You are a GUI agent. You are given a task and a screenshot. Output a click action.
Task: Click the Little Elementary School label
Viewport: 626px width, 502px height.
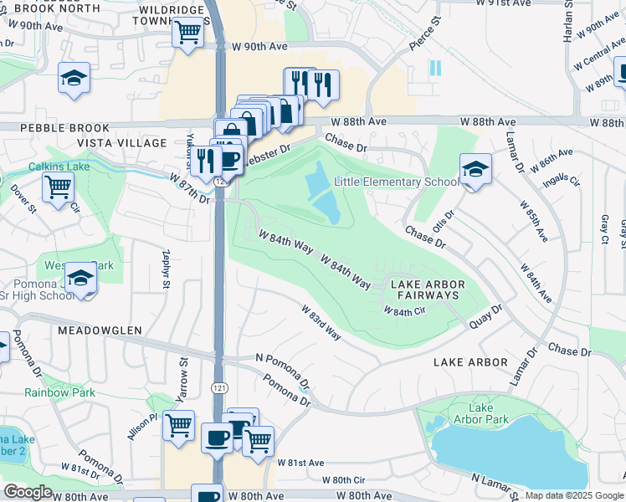pyautogui.click(x=397, y=182)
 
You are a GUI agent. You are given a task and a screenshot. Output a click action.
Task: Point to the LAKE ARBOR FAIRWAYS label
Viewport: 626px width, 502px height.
pyautogui.click(x=426, y=290)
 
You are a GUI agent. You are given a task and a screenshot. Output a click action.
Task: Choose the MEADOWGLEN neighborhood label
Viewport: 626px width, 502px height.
pyautogui.click(x=100, y=330)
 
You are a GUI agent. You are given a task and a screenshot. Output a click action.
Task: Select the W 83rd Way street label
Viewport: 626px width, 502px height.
pyautogui.click(x=321, y=322)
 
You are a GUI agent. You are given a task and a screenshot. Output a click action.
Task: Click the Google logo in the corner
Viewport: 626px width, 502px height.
pyautogui.click(x=28, y=492)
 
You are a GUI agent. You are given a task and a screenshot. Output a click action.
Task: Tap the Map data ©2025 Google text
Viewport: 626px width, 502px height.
pyautogui.click(x=574, y=495)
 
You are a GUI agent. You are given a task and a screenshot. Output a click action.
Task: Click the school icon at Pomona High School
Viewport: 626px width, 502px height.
pyautogui.click(x=80, y=279)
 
